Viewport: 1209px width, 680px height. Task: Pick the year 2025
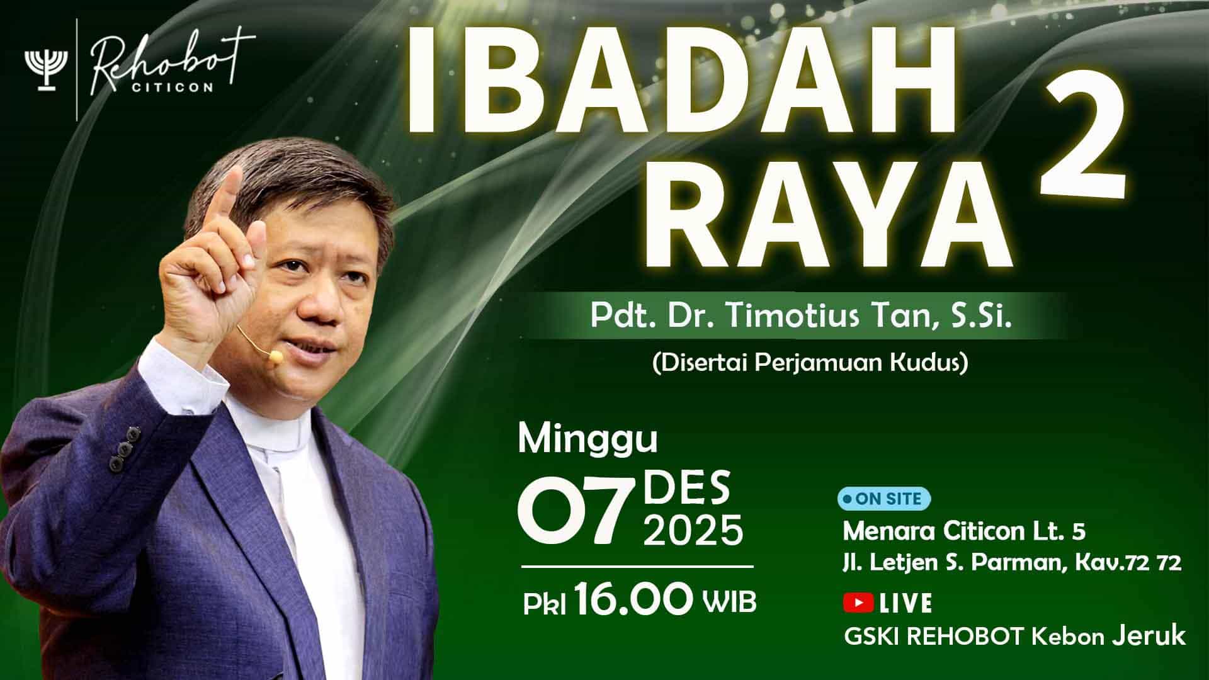point(693,531)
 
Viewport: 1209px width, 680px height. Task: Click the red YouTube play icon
point(858,603)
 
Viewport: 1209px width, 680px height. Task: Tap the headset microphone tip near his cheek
point(275,357)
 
